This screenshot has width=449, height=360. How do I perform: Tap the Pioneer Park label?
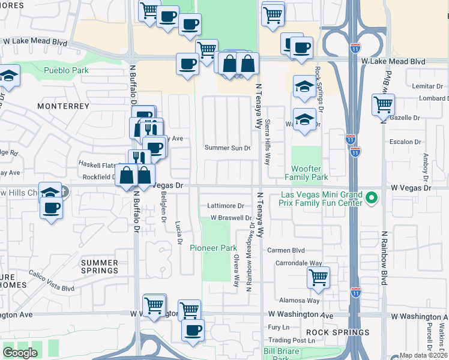[214, 248]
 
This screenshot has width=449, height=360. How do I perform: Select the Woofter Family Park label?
[310, 173]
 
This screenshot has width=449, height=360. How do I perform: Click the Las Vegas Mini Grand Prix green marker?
[372, 197]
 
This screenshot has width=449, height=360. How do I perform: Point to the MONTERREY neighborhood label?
[63, 106]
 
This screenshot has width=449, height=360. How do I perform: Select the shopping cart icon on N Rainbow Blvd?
[383, 104]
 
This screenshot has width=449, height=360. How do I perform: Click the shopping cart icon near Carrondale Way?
[318, 277]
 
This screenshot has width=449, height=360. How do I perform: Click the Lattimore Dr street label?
[226, 205]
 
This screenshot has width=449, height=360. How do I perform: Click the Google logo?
[20, 353]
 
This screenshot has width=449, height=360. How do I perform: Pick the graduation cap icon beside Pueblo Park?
[8, 76]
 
